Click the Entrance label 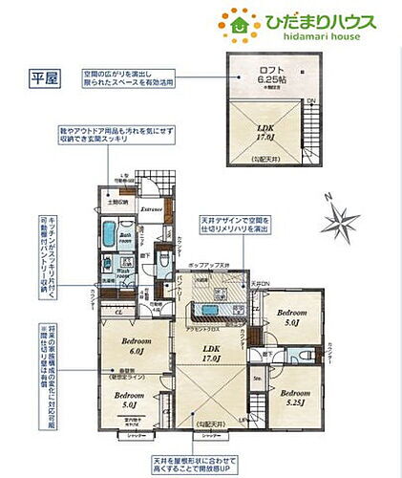152,206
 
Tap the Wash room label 125,277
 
